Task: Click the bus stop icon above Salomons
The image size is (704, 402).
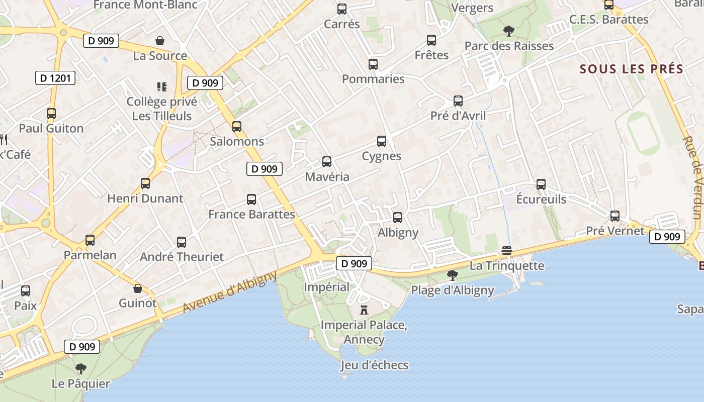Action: (x=237, y=127)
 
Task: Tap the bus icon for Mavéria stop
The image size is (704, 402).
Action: (x=327, y=162)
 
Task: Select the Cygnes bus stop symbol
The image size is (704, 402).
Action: (x=382, y=141)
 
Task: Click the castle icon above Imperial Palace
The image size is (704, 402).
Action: (x=364, y=310)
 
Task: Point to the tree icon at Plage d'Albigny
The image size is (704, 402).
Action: (x=452, y=275)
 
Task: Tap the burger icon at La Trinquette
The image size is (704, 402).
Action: (x=507, y=251)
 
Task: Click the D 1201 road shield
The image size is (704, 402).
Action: (x=55, y=78)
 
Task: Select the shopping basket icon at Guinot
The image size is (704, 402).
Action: (x=138, y=288)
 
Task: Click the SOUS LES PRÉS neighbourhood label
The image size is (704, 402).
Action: (x=632, y=69)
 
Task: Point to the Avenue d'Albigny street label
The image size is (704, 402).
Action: (x=230, y=292)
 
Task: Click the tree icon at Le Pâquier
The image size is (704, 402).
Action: (x=80, y=369)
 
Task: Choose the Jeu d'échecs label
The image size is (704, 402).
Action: (x=375, y=365)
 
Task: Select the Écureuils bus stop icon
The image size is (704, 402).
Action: (x=541, y=184)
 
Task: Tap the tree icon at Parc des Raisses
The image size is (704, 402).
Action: (x=509, y=31)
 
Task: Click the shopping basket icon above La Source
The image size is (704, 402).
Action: (x=160, y=41)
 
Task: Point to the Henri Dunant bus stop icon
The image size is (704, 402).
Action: (x=145, y=183)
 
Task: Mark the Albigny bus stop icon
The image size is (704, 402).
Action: (x=398, y=218)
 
